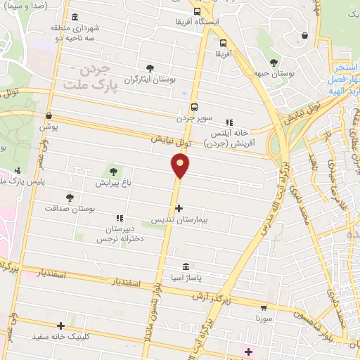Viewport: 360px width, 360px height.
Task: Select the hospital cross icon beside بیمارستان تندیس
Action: pos(179,208)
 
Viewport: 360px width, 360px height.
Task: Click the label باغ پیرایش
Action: pos(115,182)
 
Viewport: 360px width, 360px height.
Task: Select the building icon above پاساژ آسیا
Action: pos(186,266)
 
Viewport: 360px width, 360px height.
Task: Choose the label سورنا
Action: pos(264,319)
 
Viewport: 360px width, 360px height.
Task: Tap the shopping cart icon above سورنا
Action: pos(264,307)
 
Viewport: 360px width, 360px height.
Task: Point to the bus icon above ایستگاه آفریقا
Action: pos(197,11)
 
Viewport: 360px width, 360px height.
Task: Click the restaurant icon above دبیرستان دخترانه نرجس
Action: pos(119,219)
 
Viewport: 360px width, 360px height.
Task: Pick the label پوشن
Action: pos(48,127)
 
